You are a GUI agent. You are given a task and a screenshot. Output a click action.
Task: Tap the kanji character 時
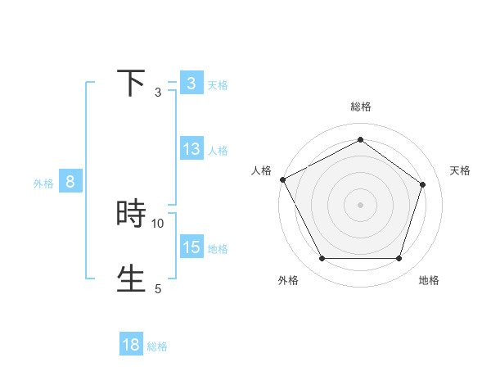[x=131, y=214]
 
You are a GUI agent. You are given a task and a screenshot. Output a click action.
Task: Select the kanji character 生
[x=131, y=279]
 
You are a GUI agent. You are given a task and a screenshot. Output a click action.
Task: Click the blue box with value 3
[x=191, y=84]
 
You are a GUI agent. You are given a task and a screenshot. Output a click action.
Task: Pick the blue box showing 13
[x=191, y=149]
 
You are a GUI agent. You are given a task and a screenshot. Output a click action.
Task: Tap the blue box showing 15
[x=191, y=247]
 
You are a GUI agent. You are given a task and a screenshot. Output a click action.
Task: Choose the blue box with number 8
[x=70, y=182]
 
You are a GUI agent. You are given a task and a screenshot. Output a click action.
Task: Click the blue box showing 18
[x=131, y=345]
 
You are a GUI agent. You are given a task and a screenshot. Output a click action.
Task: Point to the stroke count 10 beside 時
[x=158, y=223]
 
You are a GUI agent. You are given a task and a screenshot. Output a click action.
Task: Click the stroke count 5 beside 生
[x=158, y=288]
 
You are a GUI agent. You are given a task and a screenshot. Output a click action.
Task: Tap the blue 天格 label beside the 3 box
[x=218, y=85]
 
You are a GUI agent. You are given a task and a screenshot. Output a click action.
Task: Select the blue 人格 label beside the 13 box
[x=218, y=151]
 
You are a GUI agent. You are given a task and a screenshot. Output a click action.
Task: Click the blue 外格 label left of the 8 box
[x=43, y=183]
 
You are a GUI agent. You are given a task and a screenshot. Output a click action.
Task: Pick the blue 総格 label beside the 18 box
[x=157, y=346]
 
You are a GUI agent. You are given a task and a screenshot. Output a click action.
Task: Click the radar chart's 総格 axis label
[x=361, y=106]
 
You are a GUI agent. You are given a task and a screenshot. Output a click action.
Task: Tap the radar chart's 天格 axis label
[x=461, y=170]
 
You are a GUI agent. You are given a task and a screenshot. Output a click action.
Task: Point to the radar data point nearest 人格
[x=282, y=179]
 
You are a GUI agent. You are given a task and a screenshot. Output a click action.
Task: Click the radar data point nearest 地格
[x=399, y=259]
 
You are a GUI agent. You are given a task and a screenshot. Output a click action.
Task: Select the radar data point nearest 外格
[x=322, y=259]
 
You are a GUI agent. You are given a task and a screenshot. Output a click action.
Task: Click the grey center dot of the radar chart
[x=360, y=204]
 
